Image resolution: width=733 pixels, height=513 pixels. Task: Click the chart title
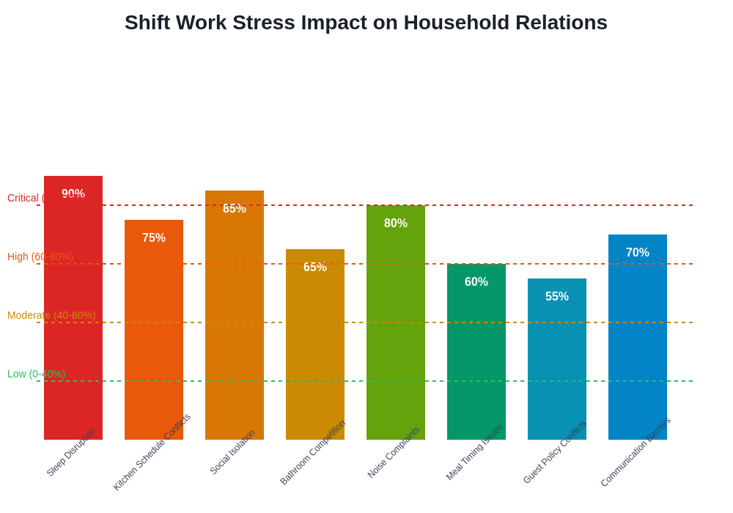click(x=366, y=23)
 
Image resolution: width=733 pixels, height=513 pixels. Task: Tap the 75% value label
click(x=154, y=238)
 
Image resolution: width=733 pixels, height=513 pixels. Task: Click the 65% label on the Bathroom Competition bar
click(x=315, y=267)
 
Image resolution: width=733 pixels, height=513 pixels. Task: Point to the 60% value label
click(x=476, y=282)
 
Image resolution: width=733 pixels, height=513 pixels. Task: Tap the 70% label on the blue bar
click(x=638, y=253)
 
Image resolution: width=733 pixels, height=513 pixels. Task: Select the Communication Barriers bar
click(x=638, y=337)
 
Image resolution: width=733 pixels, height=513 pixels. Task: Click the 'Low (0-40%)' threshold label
click(x=36, y=374)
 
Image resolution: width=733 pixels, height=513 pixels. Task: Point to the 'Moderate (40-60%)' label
click(x=51, y=315)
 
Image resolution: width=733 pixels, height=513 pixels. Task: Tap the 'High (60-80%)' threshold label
click(x=40, y=256)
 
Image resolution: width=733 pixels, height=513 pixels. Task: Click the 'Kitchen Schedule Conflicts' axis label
click(x=152, y=452)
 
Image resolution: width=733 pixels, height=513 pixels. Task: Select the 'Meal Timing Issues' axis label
click(x=475, y=452)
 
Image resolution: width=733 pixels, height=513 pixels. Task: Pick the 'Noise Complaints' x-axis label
click(x=394, y=453)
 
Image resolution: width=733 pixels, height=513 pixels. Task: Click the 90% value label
click(x=73, y=194)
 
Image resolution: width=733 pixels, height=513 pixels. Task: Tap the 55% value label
click(x=557, y=297)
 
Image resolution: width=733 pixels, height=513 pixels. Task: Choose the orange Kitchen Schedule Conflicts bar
click(x=154, y=330)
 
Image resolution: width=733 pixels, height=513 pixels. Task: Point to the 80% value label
click(x=396, y=224)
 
